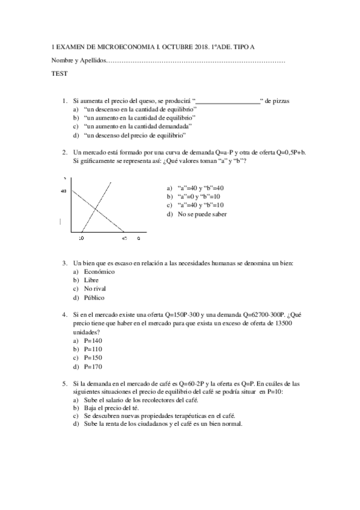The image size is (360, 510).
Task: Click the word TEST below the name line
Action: pyautogui.click(x=59, y=73)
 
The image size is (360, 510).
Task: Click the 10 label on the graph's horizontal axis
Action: pyautogui.click(x=81, y=239)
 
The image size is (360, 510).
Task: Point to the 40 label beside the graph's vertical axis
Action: pyautogui.click(x=63, y=191)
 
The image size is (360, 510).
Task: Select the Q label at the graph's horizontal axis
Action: pyautogui.click(x=139, y=239)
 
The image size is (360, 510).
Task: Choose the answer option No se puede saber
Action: pyautogui.click(x=202, y=214)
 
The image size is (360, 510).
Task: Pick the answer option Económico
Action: pyautogui.click(x=99, y=271)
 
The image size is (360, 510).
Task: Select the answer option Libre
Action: pyautogui.click(x=91, y=280)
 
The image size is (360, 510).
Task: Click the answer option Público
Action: pyautogui.click(x=94, y=297)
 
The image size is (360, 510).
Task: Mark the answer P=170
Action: pyautogui.click(x=94, y=366)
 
